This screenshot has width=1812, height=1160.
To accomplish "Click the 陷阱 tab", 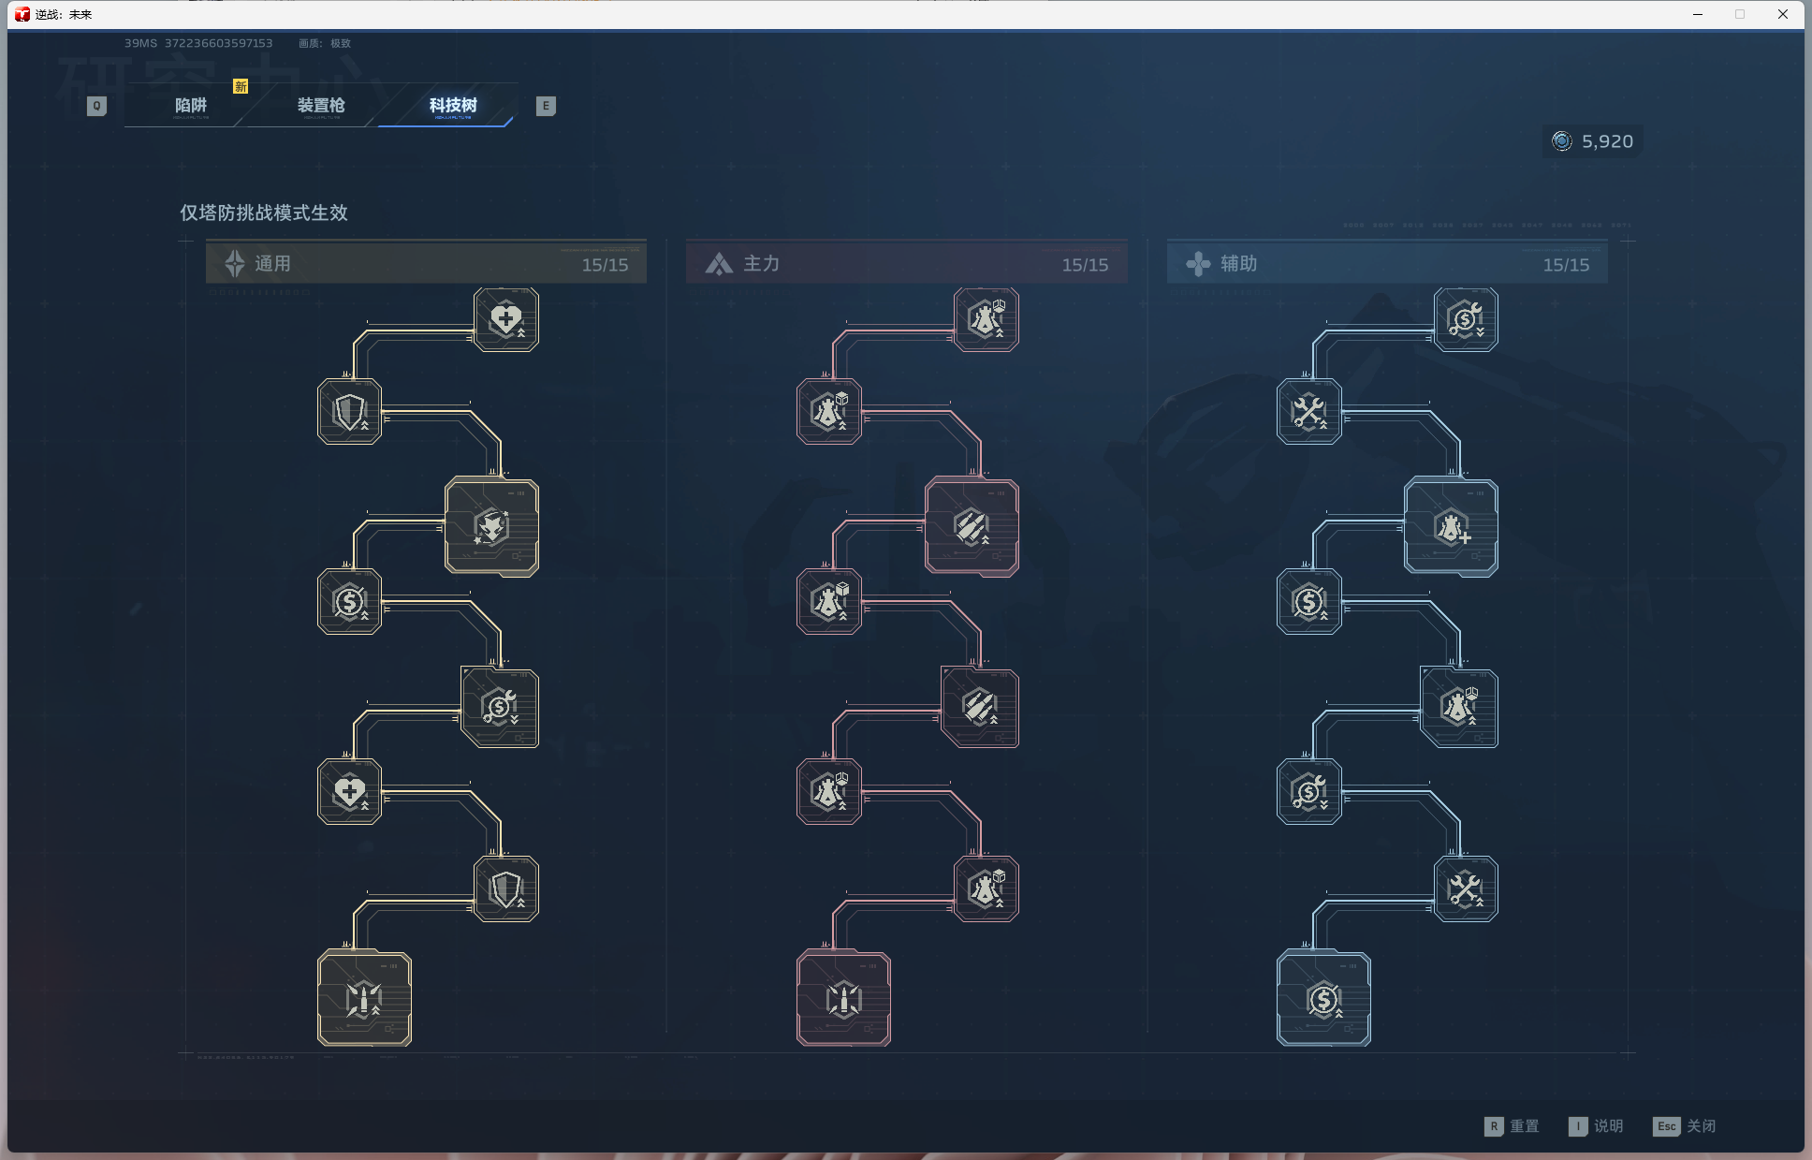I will coord(191,106).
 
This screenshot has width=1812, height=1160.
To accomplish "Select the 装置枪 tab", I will coord(321,106).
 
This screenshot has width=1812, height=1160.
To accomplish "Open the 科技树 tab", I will coord(453,106).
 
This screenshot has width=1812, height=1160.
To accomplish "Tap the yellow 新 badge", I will coord(241,86).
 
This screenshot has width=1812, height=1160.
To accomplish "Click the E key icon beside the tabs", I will coord(546,106).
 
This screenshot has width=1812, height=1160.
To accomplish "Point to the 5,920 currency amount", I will coord(1606,141).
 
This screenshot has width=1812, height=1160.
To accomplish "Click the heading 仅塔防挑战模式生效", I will coord(264,213).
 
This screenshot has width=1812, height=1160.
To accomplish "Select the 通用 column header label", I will coord(272,264).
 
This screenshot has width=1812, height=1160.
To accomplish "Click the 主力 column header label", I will coord(761,264).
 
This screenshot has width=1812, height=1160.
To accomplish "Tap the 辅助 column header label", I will coord(1238,264).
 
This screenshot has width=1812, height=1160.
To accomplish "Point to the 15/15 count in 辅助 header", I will coord(1566,265).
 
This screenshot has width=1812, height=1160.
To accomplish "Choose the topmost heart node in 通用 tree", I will coord(506,319).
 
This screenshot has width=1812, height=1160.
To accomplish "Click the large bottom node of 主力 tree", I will coord(843,999).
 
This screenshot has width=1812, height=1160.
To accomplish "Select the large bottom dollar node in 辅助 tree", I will coord(1323,999).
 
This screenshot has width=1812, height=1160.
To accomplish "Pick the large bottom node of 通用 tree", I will coord(364,999).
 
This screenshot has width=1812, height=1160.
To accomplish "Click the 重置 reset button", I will coord(1512,1126).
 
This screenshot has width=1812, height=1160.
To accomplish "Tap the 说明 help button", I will coord(1597,1126).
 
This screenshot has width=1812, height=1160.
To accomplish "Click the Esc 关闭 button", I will coord(1685,1126).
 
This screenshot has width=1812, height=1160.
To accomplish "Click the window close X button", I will coord(1783,14).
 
